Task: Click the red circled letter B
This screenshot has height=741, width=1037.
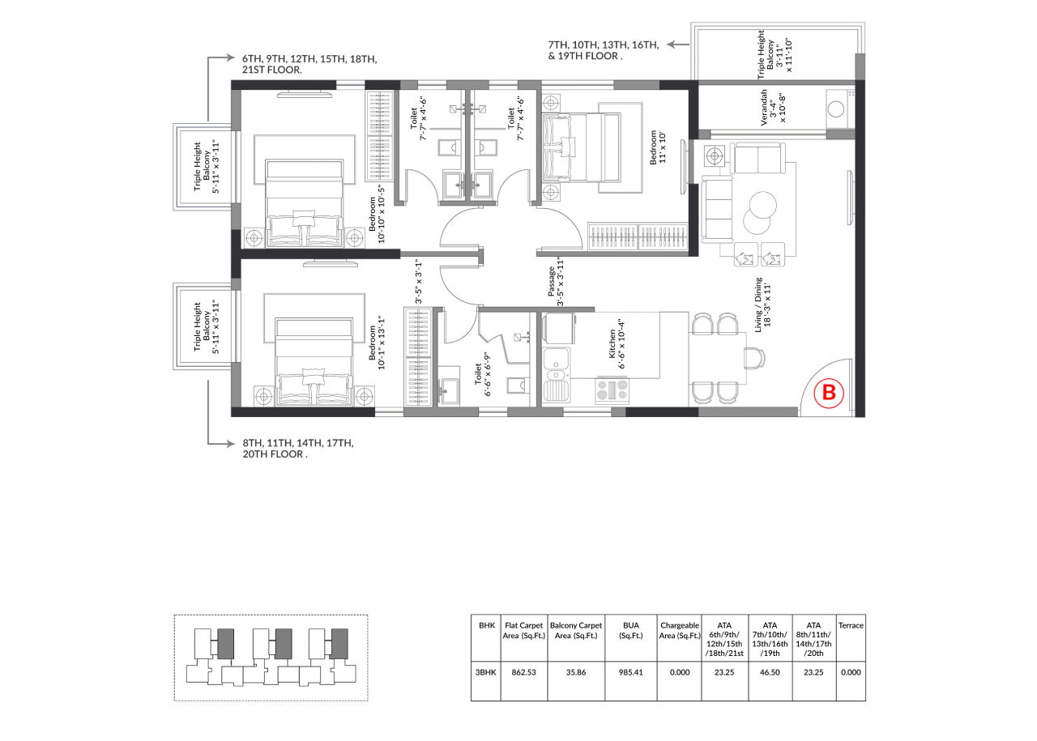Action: click(x=829, y=393)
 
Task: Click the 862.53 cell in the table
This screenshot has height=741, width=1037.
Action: click(x=523, y=672)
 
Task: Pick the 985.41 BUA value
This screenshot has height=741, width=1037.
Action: click(x=630, y=672)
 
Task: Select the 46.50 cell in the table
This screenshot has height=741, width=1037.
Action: click(x=770, y=672)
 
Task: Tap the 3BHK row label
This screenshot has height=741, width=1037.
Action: click(x=485, y=672)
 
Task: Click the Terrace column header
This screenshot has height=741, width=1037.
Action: click(x=851, y=625)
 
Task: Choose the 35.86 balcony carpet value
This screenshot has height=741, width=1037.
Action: click(x=576, y=672)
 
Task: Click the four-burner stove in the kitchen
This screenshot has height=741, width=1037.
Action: click(x=612, y=390)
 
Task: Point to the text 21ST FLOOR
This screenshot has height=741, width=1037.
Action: click(x=271, y=70)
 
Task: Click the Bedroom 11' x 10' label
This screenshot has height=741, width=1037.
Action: click(x=657, y=147)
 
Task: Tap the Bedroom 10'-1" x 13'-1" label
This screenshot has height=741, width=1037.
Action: click(x=377, y=343)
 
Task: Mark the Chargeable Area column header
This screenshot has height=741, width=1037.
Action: click(x=680, y=630)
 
